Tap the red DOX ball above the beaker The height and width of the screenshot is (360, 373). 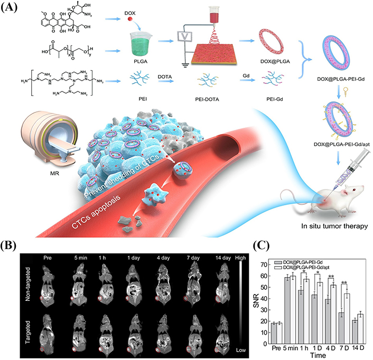(130, 19)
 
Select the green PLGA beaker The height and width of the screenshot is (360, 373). (141, 44)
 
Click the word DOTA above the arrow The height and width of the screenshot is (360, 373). (165, 77)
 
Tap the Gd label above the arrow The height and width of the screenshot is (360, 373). (246, 75)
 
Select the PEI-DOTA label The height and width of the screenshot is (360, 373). (207, 99)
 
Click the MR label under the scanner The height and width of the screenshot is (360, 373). (55, 173)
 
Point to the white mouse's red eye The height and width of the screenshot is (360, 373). (355, 190)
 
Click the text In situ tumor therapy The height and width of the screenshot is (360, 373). (334, 226)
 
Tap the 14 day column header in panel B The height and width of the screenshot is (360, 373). (223, 258)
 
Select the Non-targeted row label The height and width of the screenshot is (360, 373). (28, 285)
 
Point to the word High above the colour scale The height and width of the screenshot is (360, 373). (240, 258)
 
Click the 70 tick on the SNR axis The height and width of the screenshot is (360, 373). (264, 264)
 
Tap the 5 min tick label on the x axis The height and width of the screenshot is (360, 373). (290, 348)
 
